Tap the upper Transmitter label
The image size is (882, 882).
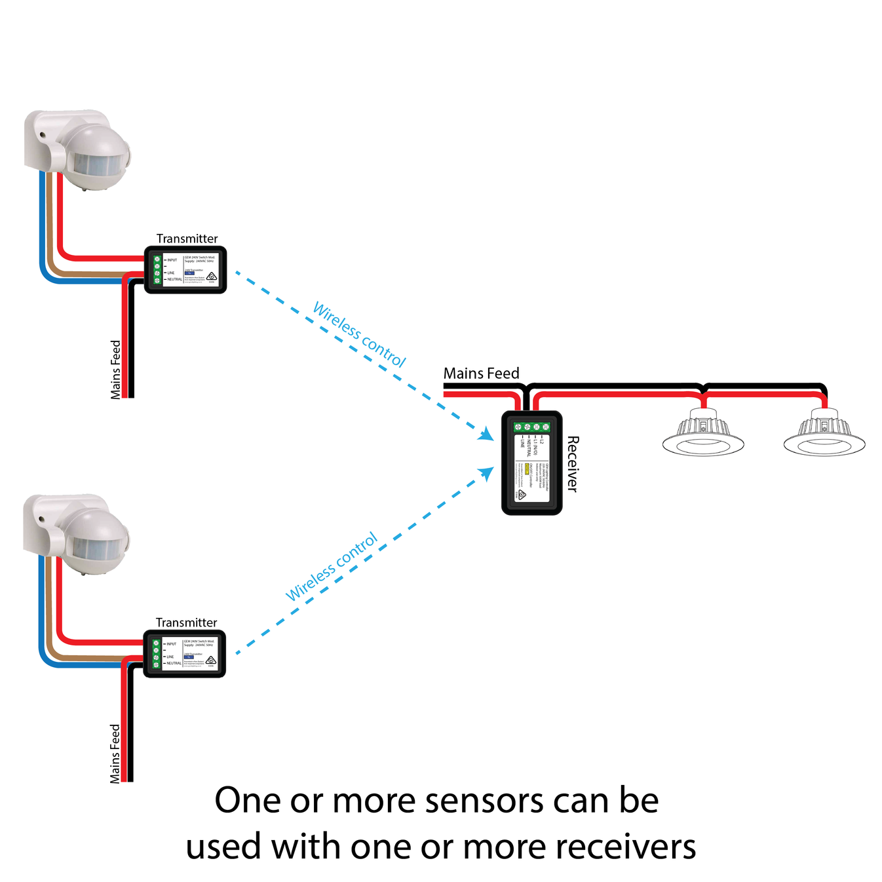[187, 239]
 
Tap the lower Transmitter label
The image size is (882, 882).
[186, 623]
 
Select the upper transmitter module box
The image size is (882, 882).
[185, 270]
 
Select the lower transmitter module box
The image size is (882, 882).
[185, 654]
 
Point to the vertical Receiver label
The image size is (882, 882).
[572, 464]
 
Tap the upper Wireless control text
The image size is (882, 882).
[360, 334]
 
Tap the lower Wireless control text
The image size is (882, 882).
[332, 566]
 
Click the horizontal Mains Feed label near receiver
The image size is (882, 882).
[481, 374]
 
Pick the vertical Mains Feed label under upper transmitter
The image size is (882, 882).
[116, 370]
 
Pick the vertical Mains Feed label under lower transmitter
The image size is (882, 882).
[115, 754]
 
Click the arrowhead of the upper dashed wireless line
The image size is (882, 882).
[487, 434]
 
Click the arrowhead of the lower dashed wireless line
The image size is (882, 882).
[487, 472]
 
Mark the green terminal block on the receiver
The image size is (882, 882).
[531, 427]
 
